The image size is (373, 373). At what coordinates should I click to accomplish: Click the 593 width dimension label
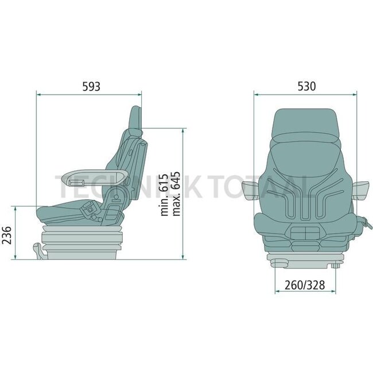[91, 87]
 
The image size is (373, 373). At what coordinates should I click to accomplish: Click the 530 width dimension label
[306, 87]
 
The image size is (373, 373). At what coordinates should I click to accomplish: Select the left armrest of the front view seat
[250, 190]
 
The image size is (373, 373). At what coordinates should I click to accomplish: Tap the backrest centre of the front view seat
[305, 184]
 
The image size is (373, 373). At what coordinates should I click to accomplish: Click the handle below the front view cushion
[305, 234]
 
